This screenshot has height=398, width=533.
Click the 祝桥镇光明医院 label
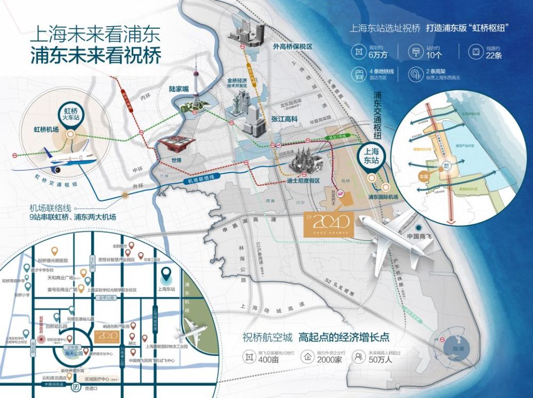click(x=53, y=260)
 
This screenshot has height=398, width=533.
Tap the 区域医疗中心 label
click(x=98, y=379)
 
